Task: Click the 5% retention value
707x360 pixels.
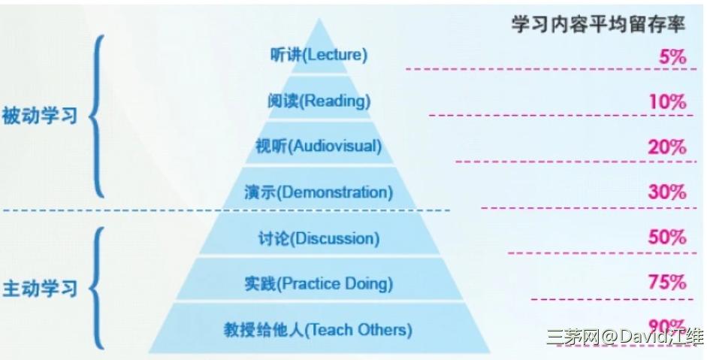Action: point(672,57)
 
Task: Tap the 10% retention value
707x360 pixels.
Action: point(668,101)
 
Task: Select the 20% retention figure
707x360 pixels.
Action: point(667,147)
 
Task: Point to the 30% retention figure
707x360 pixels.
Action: point(667,192)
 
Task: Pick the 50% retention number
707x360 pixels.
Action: point(667,237)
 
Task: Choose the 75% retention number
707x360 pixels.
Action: point(667,283)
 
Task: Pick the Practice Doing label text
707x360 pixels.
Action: point(334,284)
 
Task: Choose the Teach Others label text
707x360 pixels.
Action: point(358,330)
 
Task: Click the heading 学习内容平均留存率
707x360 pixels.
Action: point(598,24)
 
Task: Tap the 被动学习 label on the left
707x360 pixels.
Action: point(40,116)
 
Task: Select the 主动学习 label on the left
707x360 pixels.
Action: point(40,289)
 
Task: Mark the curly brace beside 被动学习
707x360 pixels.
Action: point(92,116)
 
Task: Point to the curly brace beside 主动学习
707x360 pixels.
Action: point(92,289)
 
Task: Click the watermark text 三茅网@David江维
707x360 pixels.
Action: point(625,337)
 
